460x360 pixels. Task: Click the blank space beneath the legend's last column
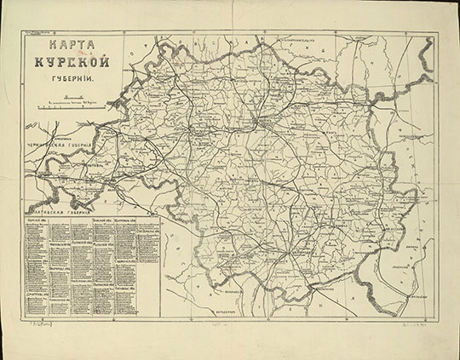[x=147, y=302]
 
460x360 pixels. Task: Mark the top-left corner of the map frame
[x=23, y=33]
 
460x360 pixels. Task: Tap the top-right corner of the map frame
[x=438, y=33]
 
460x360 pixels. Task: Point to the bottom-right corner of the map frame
[x=438, y=316]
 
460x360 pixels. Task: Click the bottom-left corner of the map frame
[x=23, y=316]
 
